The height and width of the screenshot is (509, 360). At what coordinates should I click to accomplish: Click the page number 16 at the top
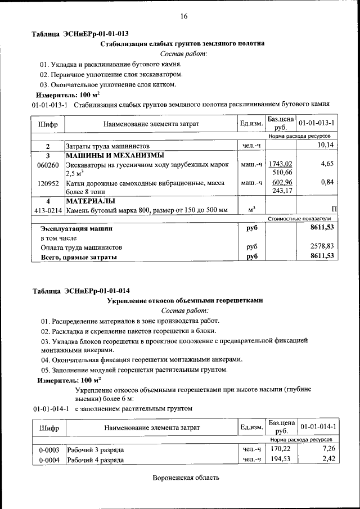pyautogui.click(x=183, y=16)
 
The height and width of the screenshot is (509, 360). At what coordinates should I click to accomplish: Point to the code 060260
pyautogui.click(x=48, y=165)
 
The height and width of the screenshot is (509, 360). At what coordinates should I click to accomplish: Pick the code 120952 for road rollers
pyautogui.click(x=48, y=183)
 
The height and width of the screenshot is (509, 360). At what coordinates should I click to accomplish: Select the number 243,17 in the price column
pyautogui.click(x=282, y=191)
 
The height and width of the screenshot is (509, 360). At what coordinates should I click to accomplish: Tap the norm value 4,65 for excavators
pyautogui.click(x=327, y=163)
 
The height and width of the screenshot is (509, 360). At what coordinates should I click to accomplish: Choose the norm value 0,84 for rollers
pyautogui.click(x=327, y=182)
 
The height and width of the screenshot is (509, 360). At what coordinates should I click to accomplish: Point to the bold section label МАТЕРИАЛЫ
pyautogui.click(x=91, y=201)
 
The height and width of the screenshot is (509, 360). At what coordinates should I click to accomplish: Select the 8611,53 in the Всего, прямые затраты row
pyautogui.click(x=322, y=256)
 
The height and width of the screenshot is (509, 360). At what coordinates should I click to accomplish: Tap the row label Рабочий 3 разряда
pyautogui.click(x=95, y=450)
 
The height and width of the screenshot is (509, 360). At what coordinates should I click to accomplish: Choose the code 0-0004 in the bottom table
pyautogui.click(x=48, y=460)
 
